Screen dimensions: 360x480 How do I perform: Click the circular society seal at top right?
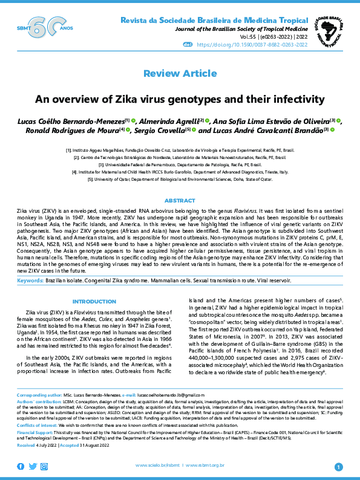pyautogui.click(x=329, y=28)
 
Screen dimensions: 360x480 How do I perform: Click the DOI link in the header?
pyautogui.click(x=267, y=44)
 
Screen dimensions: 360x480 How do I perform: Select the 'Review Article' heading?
pyautogui.click(x=180, y=74)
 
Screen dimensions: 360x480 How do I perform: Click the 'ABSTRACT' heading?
pyautogui.click(x=180, y=200)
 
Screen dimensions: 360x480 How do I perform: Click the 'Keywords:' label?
pyautogui.click(x=29, y=281)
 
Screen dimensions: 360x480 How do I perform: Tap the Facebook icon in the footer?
pyautogui.click(x=21, y=465)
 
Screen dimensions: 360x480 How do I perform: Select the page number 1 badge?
pyautogui.click(x=338, y=466)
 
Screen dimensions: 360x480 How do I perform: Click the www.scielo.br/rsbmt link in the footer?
pyautogui.click(x=158, y=465)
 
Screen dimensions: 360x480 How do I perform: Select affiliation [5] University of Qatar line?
pyautogui.click(x=180, y=180)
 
